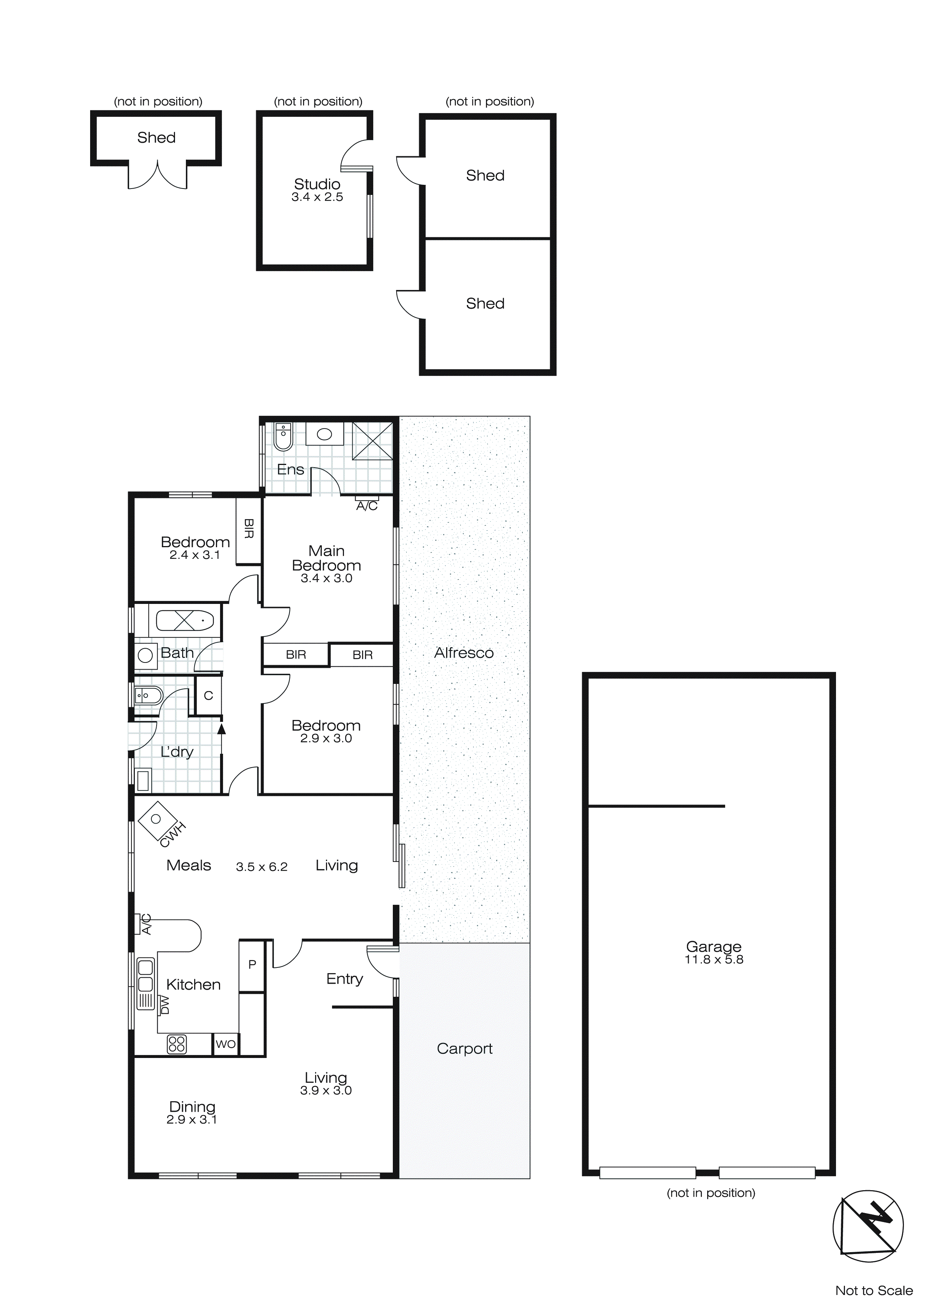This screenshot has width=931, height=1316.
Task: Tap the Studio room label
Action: point(317,184)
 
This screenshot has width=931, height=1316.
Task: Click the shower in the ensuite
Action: point(372,441)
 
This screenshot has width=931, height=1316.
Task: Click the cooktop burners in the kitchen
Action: point(177,1044)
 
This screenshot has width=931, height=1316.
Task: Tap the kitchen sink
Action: point(146,975)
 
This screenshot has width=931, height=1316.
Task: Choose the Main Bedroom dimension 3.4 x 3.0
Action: point(326,578)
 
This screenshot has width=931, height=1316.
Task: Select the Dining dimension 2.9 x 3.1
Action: point(192,1120)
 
